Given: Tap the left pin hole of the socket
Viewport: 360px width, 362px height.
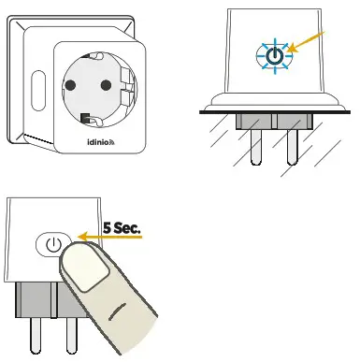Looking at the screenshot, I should [x=73, y=88].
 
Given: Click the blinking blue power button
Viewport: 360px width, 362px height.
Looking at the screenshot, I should [x=272, y=56].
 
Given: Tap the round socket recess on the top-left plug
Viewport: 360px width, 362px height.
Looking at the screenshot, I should [x=94, y=87].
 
